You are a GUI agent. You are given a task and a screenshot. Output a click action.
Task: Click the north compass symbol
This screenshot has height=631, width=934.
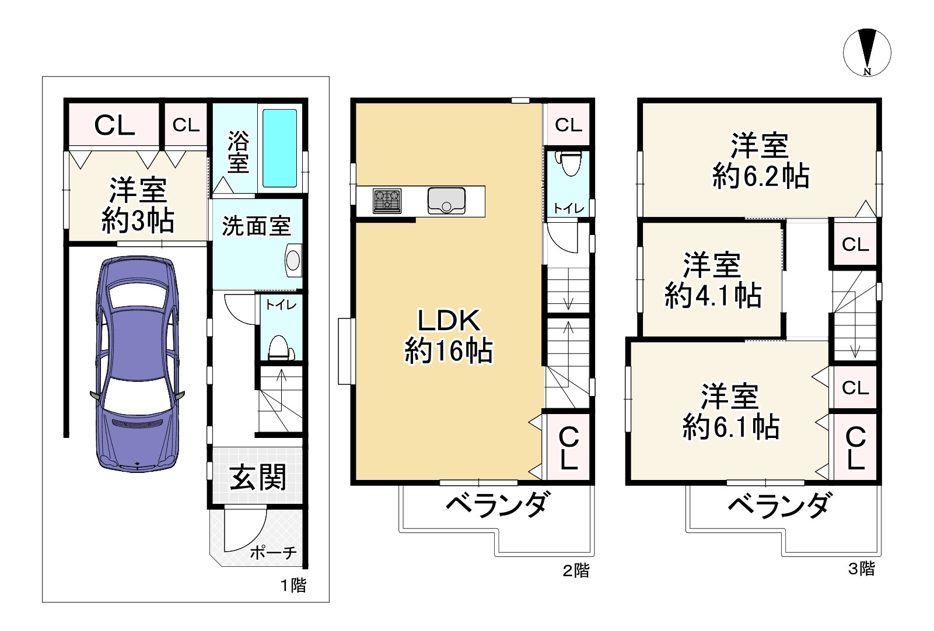[867, 52]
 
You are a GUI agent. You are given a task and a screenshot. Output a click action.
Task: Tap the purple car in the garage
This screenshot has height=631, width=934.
[138, 362]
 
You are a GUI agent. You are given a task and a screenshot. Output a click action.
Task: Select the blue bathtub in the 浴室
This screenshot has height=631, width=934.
[279, 148]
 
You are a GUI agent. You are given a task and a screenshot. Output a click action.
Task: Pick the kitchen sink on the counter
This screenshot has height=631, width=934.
[446, 200]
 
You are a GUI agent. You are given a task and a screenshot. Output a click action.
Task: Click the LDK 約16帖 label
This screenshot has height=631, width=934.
[449, 336]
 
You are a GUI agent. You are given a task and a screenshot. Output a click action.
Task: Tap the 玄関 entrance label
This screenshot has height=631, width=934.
[258, 477]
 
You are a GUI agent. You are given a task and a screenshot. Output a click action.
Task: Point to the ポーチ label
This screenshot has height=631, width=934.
[273, 552]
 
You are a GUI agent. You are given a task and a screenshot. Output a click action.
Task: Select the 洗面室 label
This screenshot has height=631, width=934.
[256, 226]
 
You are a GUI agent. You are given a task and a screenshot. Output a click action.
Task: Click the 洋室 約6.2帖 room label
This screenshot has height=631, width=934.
[760, 160]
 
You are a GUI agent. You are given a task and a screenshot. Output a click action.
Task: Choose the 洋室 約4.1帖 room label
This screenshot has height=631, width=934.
[712, 280]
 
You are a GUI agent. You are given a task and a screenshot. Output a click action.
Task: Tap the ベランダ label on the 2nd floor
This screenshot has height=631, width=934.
[497, 504]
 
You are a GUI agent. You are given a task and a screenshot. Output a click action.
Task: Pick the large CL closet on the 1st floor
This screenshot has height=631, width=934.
[114, 124]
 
